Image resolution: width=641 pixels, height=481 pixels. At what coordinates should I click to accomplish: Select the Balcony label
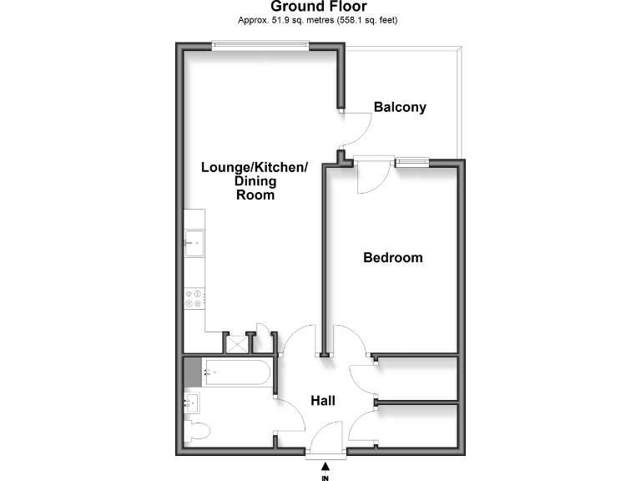pos(400,107)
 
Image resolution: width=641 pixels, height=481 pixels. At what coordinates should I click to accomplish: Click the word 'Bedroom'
pos(392,257)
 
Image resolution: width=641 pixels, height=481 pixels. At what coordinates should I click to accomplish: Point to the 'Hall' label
pos(323,401)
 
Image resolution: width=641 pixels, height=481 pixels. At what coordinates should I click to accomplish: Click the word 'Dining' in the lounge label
pos(255,181)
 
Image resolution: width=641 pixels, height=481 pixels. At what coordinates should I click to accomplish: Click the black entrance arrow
pos(325,465)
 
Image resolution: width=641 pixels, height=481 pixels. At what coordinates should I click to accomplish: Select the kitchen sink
pos(194,244)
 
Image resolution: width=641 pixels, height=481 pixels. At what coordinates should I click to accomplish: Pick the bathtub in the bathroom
pos(236,373)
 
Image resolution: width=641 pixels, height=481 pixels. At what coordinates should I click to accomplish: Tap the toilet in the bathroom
pos(198,432)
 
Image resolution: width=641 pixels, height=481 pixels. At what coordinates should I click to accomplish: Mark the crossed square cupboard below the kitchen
pos(238,344)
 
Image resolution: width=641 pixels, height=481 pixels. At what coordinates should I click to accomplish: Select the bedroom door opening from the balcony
pos(370,177)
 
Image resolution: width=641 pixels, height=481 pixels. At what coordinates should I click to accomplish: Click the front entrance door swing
pos(326,438)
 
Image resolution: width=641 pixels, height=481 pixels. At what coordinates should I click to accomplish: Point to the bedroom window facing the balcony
pos(411,162)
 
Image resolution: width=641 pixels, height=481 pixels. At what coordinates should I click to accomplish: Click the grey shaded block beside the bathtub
pos(193,373)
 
